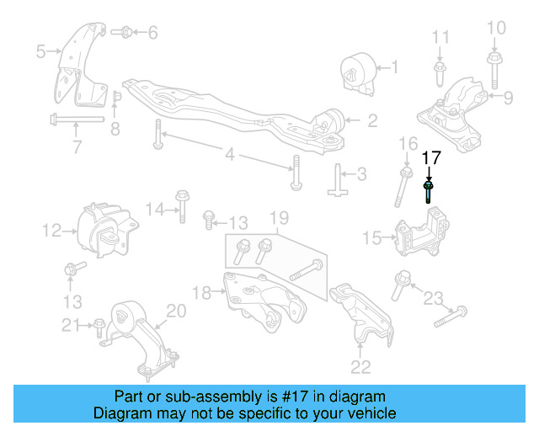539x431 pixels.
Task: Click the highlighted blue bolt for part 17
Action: pyautogui.click(x=430, y=191)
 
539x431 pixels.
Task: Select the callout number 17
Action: pyautogui.click(x=431, y=157)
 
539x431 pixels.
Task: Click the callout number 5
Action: pyautogui.click(x=40, y=51)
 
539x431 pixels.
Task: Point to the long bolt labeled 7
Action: pyautogui.click(x=76, y=118)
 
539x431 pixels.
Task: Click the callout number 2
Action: pyautogui.click(x=371, y=120)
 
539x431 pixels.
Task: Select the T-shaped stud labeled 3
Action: pyautogui.click(x=338, y=179)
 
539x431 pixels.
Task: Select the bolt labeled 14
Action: pyautogui.click(x=181, y=207)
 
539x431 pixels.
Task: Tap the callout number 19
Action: pyautogui.click(x=277, y=221)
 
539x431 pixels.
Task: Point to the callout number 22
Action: pyautogui.click(x=360, y=365)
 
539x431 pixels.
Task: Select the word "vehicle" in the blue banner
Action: pyautogui.click(x=368, y=413)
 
